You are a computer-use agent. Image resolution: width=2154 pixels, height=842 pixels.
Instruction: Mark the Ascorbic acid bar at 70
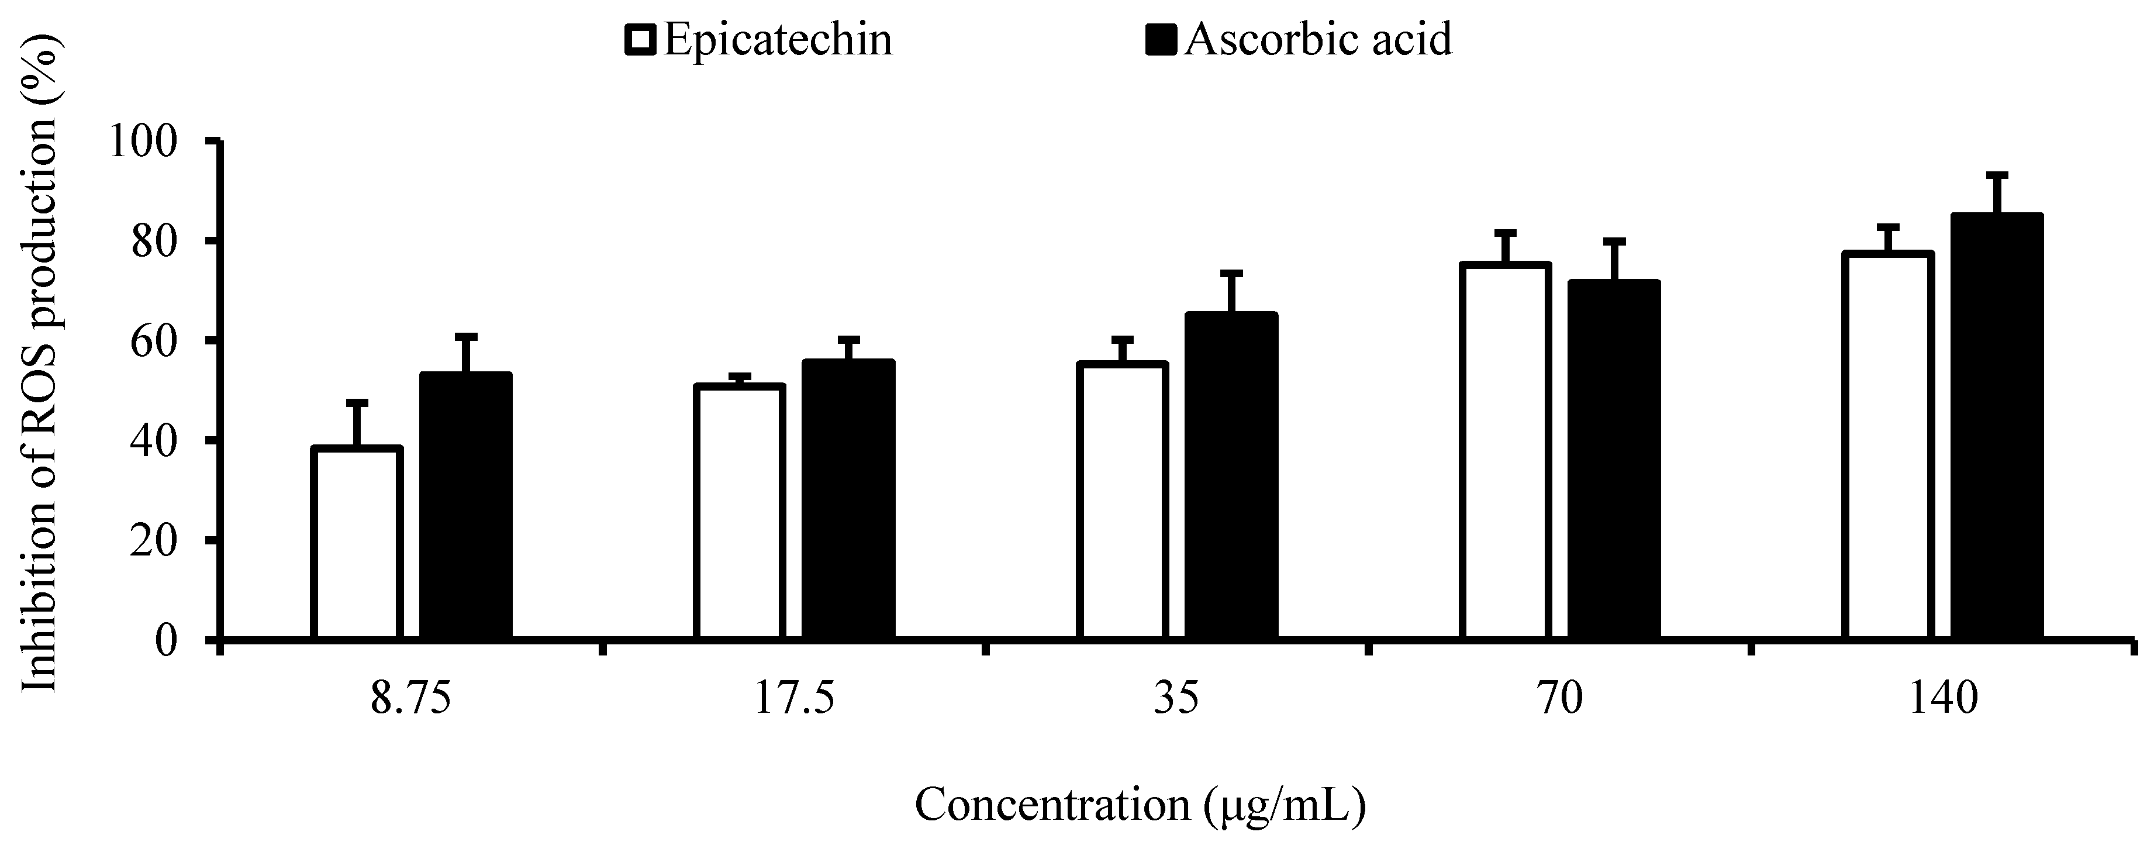click(x=1614, y=460)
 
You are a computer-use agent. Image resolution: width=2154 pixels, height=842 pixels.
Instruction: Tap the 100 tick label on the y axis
click(x=144, y=142)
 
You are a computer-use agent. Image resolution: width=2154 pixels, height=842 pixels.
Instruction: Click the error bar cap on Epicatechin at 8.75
click(x=357, y=403)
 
